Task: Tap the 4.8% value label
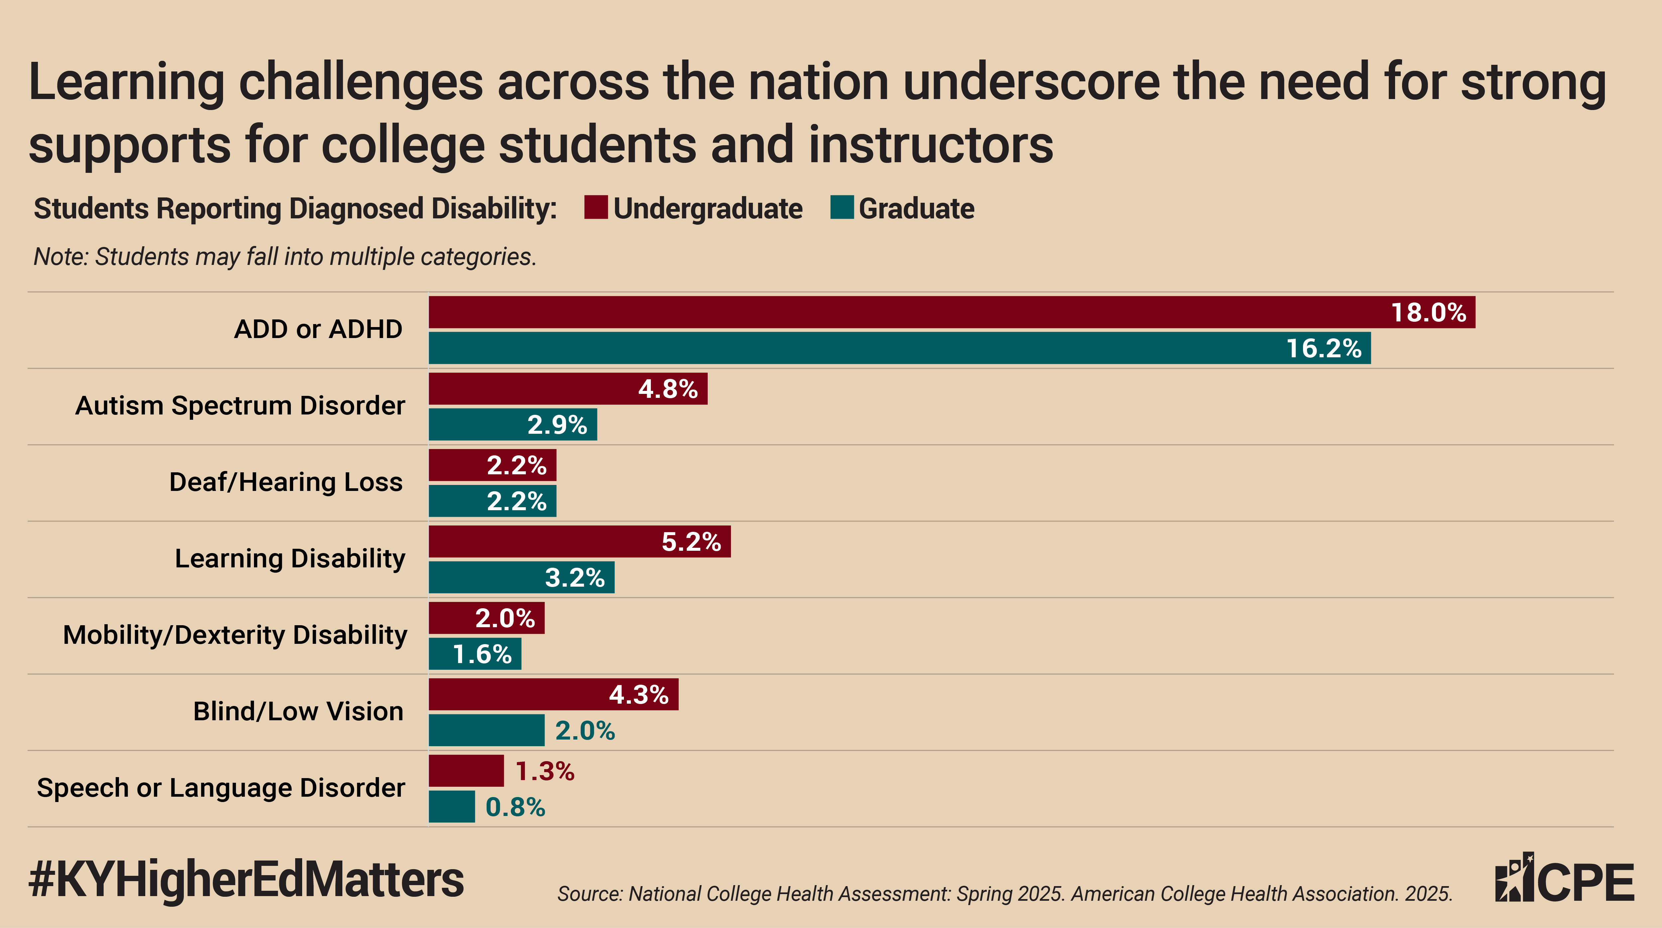pyautogui.click(x=668, y=389)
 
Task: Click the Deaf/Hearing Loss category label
pyautogui.click(x=286, y=482)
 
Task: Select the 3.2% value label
pyautogui.click(x=575, y=578)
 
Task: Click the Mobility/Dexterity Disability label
pyautogui.click(x=235, y=635)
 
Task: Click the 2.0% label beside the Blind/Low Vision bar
pyautogui.click(x=585, y=731)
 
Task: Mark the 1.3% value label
pyautogui.click(x=544, y=771)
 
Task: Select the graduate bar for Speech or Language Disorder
pyautogui.click(x=452, y=807)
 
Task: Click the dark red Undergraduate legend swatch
pyautogui.click(x=596, y=208)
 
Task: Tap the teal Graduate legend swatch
pyautogui.click(x=842, y=208)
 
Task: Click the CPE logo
pyautogui.click(x=1564, y=879)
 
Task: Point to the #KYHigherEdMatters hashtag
pyautogui.click(x=246, y=880)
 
